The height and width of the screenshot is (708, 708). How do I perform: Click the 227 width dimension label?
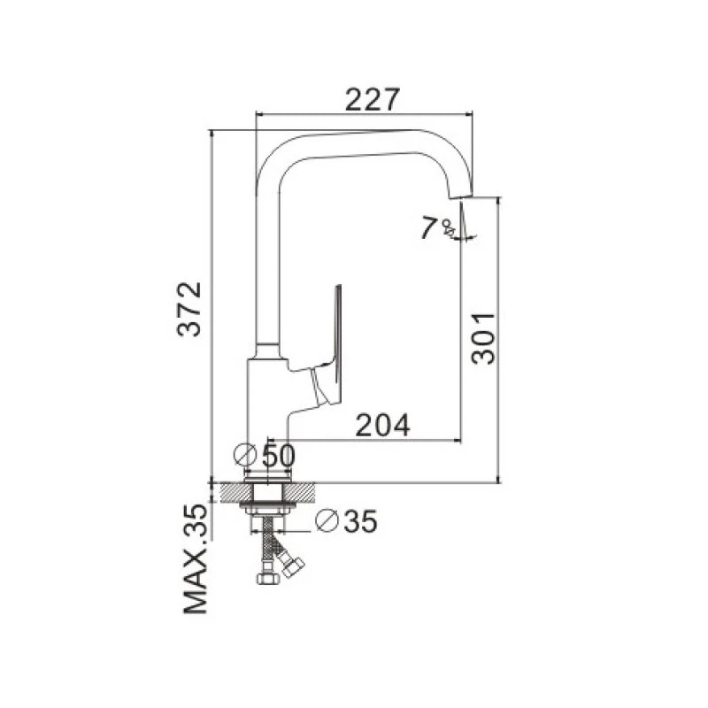coord(373,100)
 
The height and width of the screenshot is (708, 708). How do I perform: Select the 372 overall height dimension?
coord(189,309)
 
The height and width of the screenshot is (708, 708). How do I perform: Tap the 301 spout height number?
coord(482,338)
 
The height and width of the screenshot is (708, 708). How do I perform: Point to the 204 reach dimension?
coord(383,426)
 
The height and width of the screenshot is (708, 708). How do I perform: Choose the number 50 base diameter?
coord(278,456)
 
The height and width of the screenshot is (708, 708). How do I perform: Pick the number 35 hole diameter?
coord(360,522)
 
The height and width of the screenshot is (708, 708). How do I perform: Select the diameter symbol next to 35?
coord(327,520)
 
